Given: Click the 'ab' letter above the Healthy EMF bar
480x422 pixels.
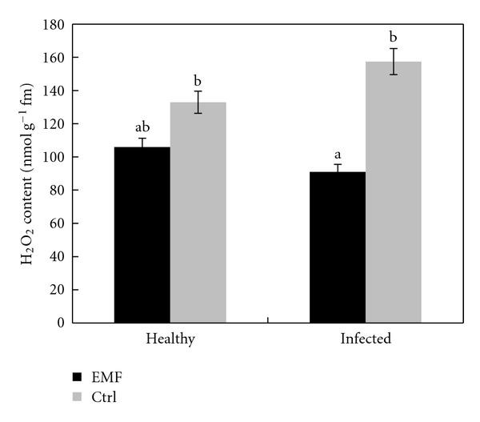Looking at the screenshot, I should (x=142, y=127).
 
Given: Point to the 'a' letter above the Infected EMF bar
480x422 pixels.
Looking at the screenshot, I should (x=338, y=154).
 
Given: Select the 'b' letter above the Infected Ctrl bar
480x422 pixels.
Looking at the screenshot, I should (x=394, y=37).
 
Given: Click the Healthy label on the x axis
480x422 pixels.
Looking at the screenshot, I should (x=170, y=339).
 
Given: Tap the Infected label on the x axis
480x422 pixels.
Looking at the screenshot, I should (x=366, y=339).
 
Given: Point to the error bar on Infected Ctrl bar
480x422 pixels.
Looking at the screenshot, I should (x=394, y=62).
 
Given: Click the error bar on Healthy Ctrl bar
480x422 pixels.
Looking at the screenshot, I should (x=198, y=102).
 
